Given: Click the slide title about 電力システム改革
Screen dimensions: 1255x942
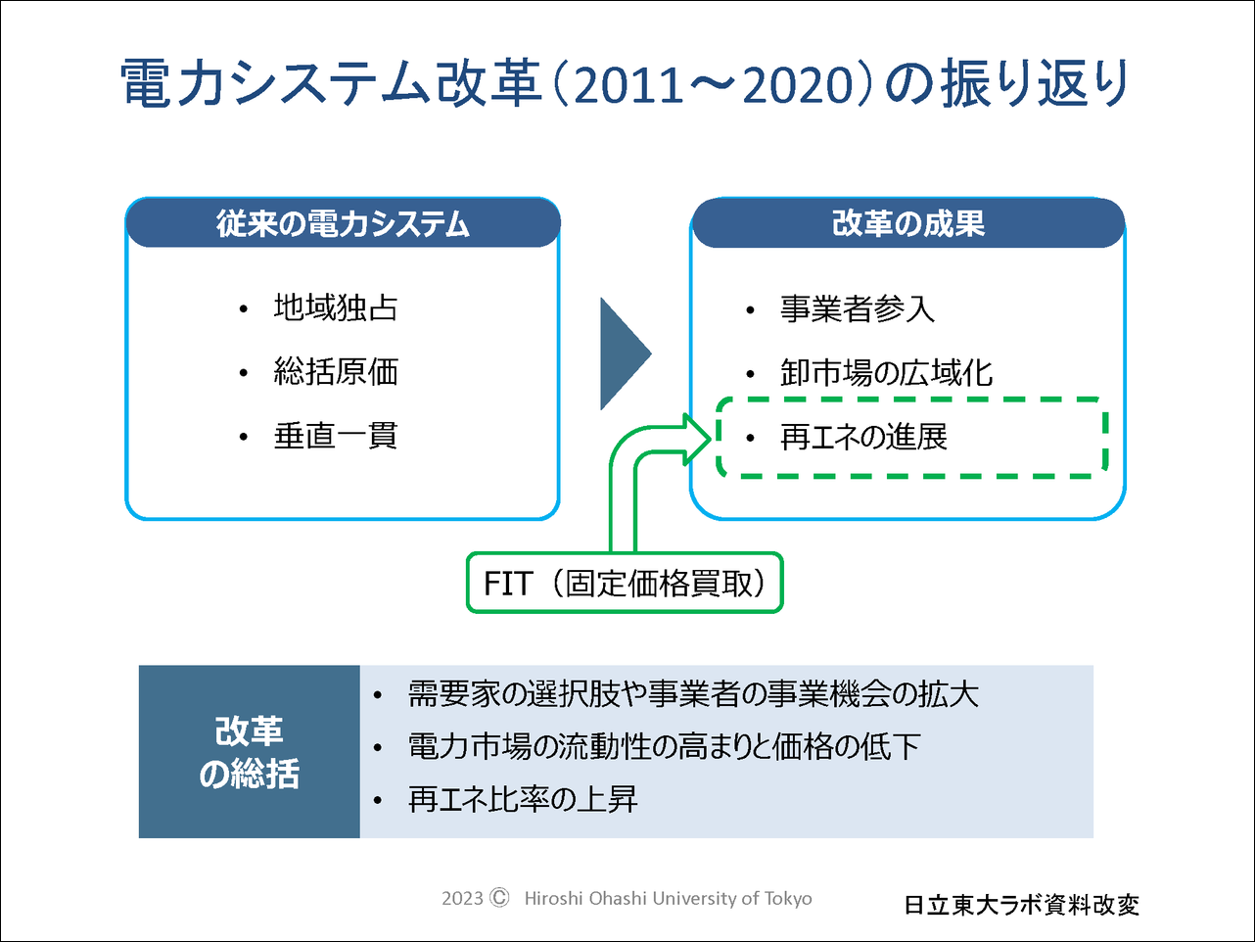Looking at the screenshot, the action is point(625,84).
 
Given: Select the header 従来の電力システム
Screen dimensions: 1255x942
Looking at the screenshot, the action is point(343,223).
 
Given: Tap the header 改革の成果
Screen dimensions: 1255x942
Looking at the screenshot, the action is point(907,223).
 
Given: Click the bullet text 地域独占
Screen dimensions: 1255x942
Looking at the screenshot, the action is point(336,307).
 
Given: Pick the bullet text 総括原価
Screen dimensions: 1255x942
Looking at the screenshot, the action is point(336,372).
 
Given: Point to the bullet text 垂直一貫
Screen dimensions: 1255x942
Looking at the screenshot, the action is point(336,436).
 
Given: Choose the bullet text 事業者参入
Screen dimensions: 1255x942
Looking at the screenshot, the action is point(858,308).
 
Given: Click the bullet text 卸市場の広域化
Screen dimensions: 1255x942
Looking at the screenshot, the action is point(886,373).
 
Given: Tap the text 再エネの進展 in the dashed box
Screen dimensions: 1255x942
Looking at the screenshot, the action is point(863,438).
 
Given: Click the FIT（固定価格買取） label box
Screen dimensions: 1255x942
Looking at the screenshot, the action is point(625,583).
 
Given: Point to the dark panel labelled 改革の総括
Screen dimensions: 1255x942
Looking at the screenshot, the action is point(250,751).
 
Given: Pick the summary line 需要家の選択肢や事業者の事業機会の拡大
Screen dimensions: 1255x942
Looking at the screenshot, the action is point(693,694).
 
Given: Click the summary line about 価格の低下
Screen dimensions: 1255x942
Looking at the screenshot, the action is point(664,747).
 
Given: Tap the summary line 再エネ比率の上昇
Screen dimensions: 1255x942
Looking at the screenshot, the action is point(523,799).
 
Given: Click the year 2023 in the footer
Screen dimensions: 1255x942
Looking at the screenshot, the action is point(462,899).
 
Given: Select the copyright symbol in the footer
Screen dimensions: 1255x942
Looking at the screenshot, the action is point(499,897).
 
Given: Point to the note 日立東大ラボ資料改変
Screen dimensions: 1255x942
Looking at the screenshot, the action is point(1021,905).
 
